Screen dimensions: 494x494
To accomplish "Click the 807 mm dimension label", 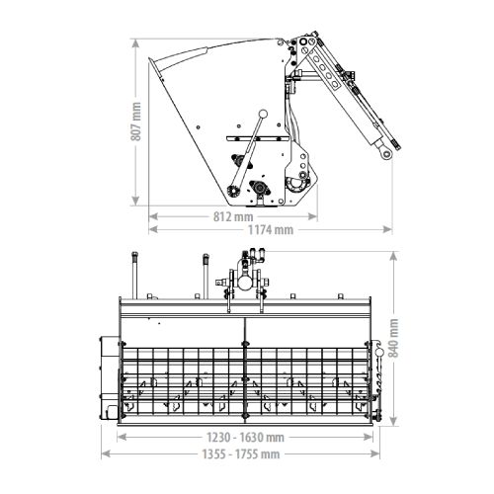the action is click(135, 122).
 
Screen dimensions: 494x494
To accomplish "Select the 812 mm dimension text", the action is click(233, 216).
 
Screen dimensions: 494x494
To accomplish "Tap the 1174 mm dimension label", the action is click(271, 229).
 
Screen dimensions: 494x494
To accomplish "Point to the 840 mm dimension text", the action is click(394, 338).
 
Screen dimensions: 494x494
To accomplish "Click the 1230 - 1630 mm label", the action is click(245, 438).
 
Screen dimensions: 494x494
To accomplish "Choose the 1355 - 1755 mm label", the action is click(241, 454).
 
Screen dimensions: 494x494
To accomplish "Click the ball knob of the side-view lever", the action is click(263, 114).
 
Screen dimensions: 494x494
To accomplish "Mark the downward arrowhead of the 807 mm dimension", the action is click(135, 201).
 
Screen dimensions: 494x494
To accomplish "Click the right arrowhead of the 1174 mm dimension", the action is click(387, 229).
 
